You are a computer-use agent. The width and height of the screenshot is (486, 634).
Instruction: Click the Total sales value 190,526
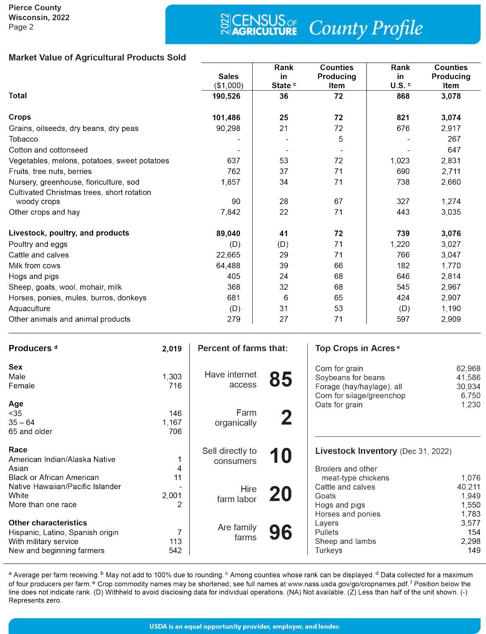click(x=227, y=96)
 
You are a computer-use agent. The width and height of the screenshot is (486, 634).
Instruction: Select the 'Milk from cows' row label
click(x=34, y=266)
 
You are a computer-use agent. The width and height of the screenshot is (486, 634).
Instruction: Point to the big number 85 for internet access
click(x=280, y=379)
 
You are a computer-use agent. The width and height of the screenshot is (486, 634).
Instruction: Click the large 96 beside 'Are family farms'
click(x=280, y=532)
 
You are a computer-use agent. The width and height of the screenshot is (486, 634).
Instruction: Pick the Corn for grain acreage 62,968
click(x=468, y=369)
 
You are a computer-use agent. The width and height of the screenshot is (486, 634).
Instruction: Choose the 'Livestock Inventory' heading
click(x=355, y=451)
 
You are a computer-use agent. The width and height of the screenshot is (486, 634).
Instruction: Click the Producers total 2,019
click(x=172, y=349)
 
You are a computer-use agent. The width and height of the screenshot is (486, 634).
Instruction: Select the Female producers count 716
click(x=175, y=386)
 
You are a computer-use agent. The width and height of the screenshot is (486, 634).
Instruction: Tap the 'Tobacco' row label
click(x=23, y=139)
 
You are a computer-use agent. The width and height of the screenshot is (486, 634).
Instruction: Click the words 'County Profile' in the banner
click(x=366, y=28)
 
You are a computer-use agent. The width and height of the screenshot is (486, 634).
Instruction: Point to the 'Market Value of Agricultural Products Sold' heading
click(x=97, y=58)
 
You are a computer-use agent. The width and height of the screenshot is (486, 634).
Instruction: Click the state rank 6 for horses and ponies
click(x=284, y=298)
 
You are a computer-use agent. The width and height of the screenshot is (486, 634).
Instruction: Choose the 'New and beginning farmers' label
click(x=56, y=550)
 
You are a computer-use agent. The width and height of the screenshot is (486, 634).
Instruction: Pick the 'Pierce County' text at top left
click(x=35, y=8)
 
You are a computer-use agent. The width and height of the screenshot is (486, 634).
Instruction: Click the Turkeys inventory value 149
click(x=474, y=550)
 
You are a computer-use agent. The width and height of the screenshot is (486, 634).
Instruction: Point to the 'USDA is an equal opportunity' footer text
click(x=244, y=626)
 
